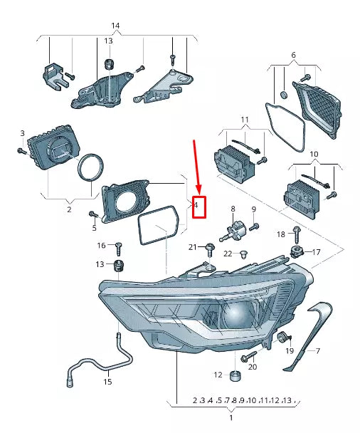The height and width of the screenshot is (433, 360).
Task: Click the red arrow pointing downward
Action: point(196,167)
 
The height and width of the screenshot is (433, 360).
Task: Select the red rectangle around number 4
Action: point(199,207)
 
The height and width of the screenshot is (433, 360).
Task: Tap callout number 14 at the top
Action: point(115,26)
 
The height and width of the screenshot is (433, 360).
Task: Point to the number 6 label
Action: point(292,55)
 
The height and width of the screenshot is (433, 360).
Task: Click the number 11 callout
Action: point(244,119)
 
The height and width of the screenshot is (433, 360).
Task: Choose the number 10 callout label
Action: point(314,153)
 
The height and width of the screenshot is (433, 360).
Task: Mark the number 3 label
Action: point(22,133)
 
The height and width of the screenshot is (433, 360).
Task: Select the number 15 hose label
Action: point(107,382)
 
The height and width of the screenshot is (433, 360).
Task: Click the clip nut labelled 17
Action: point(298,251)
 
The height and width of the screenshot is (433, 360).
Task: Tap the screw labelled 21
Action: point(209,248)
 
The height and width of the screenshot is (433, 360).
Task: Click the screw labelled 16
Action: point(119,246)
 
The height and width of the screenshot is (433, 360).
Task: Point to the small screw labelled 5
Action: point(92,214)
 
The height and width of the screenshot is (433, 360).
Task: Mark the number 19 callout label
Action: point(290,351)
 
